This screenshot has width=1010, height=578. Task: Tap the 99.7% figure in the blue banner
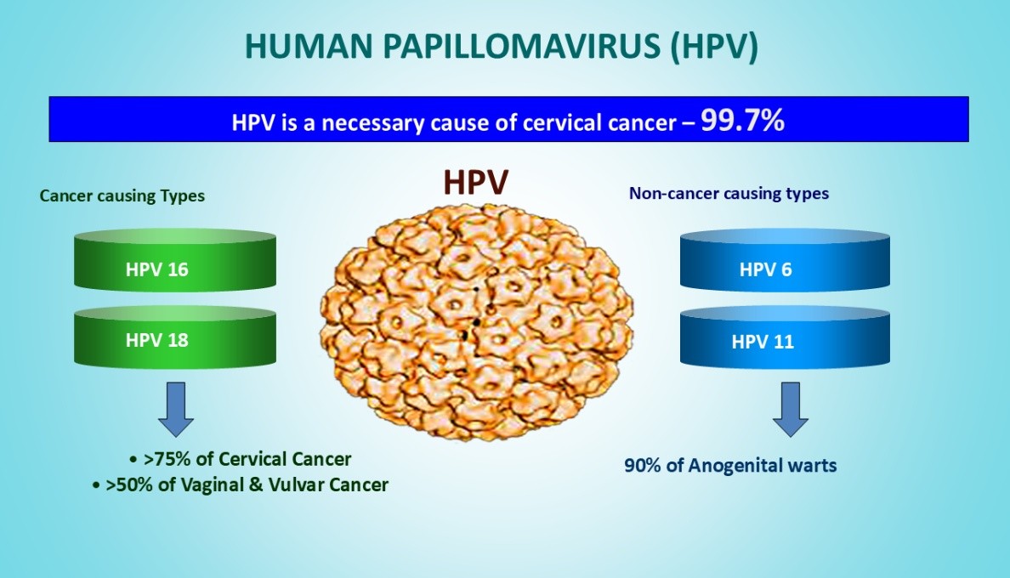coord(743,120)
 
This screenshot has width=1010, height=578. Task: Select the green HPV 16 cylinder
coord(175,260)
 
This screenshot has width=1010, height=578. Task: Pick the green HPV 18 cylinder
coord(175,336)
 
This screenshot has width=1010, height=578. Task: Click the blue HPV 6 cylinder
coord(785,260)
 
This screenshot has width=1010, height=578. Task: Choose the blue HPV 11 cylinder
coord(785,337)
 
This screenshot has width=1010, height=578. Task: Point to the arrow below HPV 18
coord(176,410)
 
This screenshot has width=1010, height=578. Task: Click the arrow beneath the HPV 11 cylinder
coord(791,410)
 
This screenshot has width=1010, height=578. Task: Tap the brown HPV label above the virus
coord(475,182)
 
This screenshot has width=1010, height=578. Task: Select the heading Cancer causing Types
coord(122,195)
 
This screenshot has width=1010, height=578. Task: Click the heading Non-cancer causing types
coord(729,193)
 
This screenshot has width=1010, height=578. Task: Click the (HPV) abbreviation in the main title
coord(714,47)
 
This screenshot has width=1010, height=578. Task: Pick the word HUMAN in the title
coord(309,47)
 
